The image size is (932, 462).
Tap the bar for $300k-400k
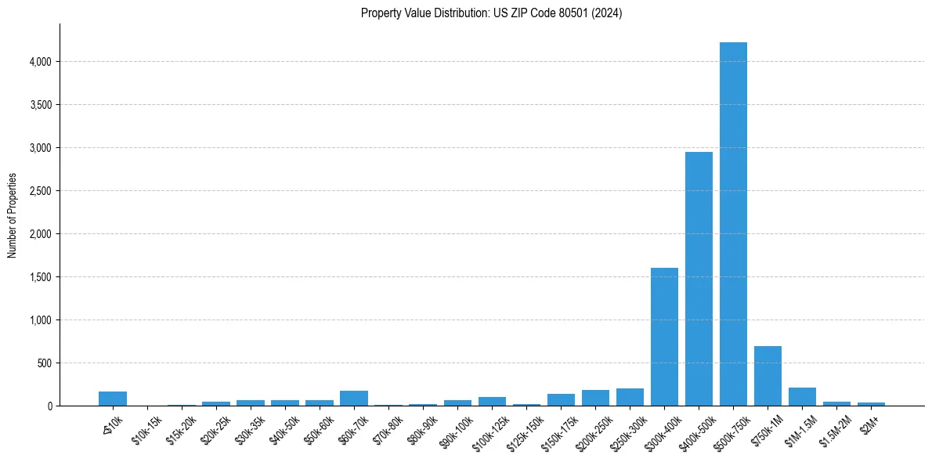[x=664, y=337]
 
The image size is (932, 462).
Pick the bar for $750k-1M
[x=768, y=377]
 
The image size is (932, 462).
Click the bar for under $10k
[x=113, y=399]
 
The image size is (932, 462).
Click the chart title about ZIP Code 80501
[x=491, y=13]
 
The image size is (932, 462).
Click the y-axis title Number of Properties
[x=13, y=215]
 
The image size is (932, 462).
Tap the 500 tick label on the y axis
[x=46, y=363]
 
